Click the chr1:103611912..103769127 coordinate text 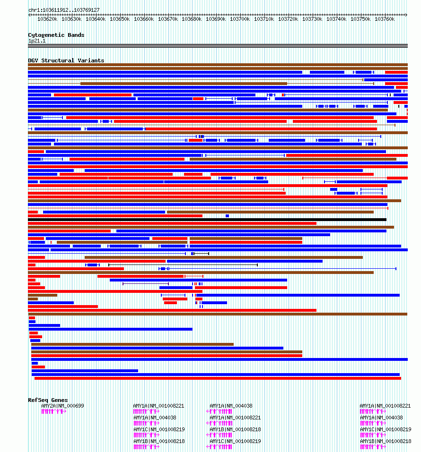[x=64, y=10]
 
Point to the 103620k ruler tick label [x=47, y=19]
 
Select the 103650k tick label [x=120, y=19]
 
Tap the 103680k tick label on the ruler [x=192, y=19]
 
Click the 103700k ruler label [x=240, y=19]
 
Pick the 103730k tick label [x=312, y=19]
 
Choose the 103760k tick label [x=384, y=19]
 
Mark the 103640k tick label [x=96, y=19]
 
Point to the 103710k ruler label [x=264, y=19]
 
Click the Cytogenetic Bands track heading [x=56, y=35]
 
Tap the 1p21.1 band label [x=37, y=41]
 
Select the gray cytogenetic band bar [x=218, y=46]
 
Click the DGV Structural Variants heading [x=66, y=60]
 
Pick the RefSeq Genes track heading [x=48, y=400]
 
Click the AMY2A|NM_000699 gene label [x=62, y=406]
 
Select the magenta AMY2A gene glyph [x=54, y=411]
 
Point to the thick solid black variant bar [x=207, y=220]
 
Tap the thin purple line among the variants [x=146, y=284]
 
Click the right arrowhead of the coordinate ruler [x=406, y=15]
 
